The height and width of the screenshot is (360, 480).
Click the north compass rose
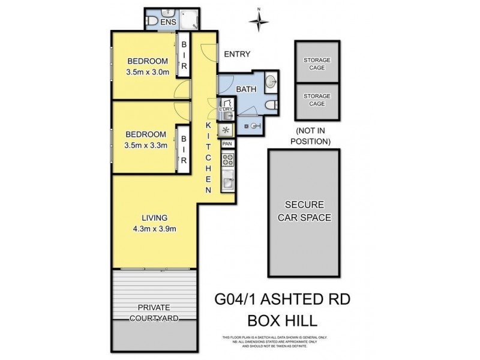(259, 21)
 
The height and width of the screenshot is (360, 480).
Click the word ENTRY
(236, 55)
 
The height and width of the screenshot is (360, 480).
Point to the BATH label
(247, 89)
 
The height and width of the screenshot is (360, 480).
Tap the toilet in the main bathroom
(272, 106)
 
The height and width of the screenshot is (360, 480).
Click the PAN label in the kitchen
(227, 144)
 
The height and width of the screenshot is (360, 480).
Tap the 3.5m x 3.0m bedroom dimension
(147, 72)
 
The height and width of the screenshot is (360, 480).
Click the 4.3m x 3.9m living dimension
(154, 229)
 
